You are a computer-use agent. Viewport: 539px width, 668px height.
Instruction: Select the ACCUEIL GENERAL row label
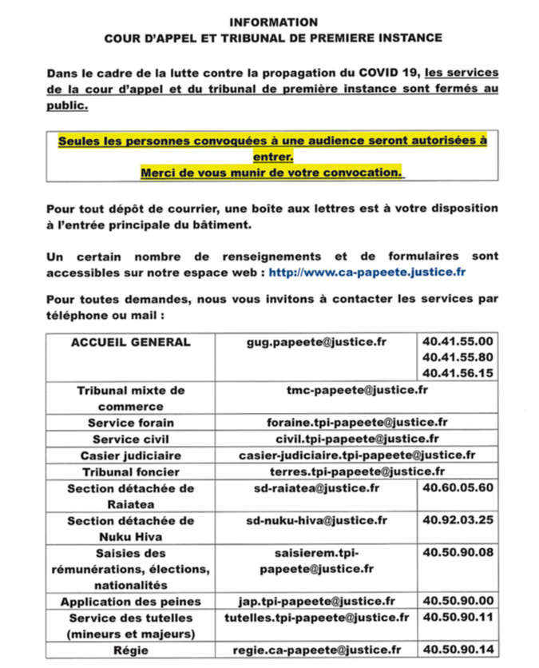click(131, 343)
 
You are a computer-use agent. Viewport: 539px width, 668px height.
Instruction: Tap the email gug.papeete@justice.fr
click(316, 343)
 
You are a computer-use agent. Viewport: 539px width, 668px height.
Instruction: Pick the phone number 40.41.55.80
click(457, 357)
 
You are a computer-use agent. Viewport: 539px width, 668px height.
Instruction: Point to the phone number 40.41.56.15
click(457, 372)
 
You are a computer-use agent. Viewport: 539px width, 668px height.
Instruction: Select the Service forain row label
click(131, 422)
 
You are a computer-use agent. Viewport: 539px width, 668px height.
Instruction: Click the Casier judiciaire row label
click(131, 455)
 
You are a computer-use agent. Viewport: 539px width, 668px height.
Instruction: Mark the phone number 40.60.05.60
click(457, 487)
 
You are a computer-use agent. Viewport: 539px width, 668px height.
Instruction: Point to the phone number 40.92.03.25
click(457, 520)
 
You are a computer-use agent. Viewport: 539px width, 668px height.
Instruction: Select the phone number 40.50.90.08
click(457, 552)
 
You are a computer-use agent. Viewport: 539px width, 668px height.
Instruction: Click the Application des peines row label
click(131, 601)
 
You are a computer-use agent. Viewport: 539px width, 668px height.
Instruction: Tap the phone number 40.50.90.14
click(457, 650)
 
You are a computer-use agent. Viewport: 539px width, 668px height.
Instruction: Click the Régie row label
click(131, 650)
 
